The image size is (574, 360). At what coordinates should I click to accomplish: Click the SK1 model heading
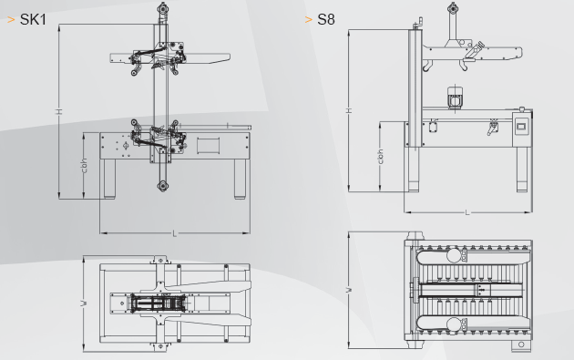[x=33, y=20]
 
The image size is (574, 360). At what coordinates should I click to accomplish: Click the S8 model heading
[x=326, y=20]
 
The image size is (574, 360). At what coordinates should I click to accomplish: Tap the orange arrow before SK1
[x=11, y=20]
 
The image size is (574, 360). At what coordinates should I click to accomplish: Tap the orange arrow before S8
[x=308, y=20]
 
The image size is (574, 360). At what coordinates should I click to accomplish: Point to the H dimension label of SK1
[x=58, y=111]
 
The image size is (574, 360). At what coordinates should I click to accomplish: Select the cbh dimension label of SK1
[x=84, y=166]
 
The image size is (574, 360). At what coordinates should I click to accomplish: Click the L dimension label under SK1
[x=174, y=233]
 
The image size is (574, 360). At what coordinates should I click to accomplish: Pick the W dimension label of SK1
[x=84, y=303]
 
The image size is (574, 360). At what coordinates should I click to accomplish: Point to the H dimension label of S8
[x=349, y=110]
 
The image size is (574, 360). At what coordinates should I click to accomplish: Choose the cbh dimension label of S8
[x=380, y=157]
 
